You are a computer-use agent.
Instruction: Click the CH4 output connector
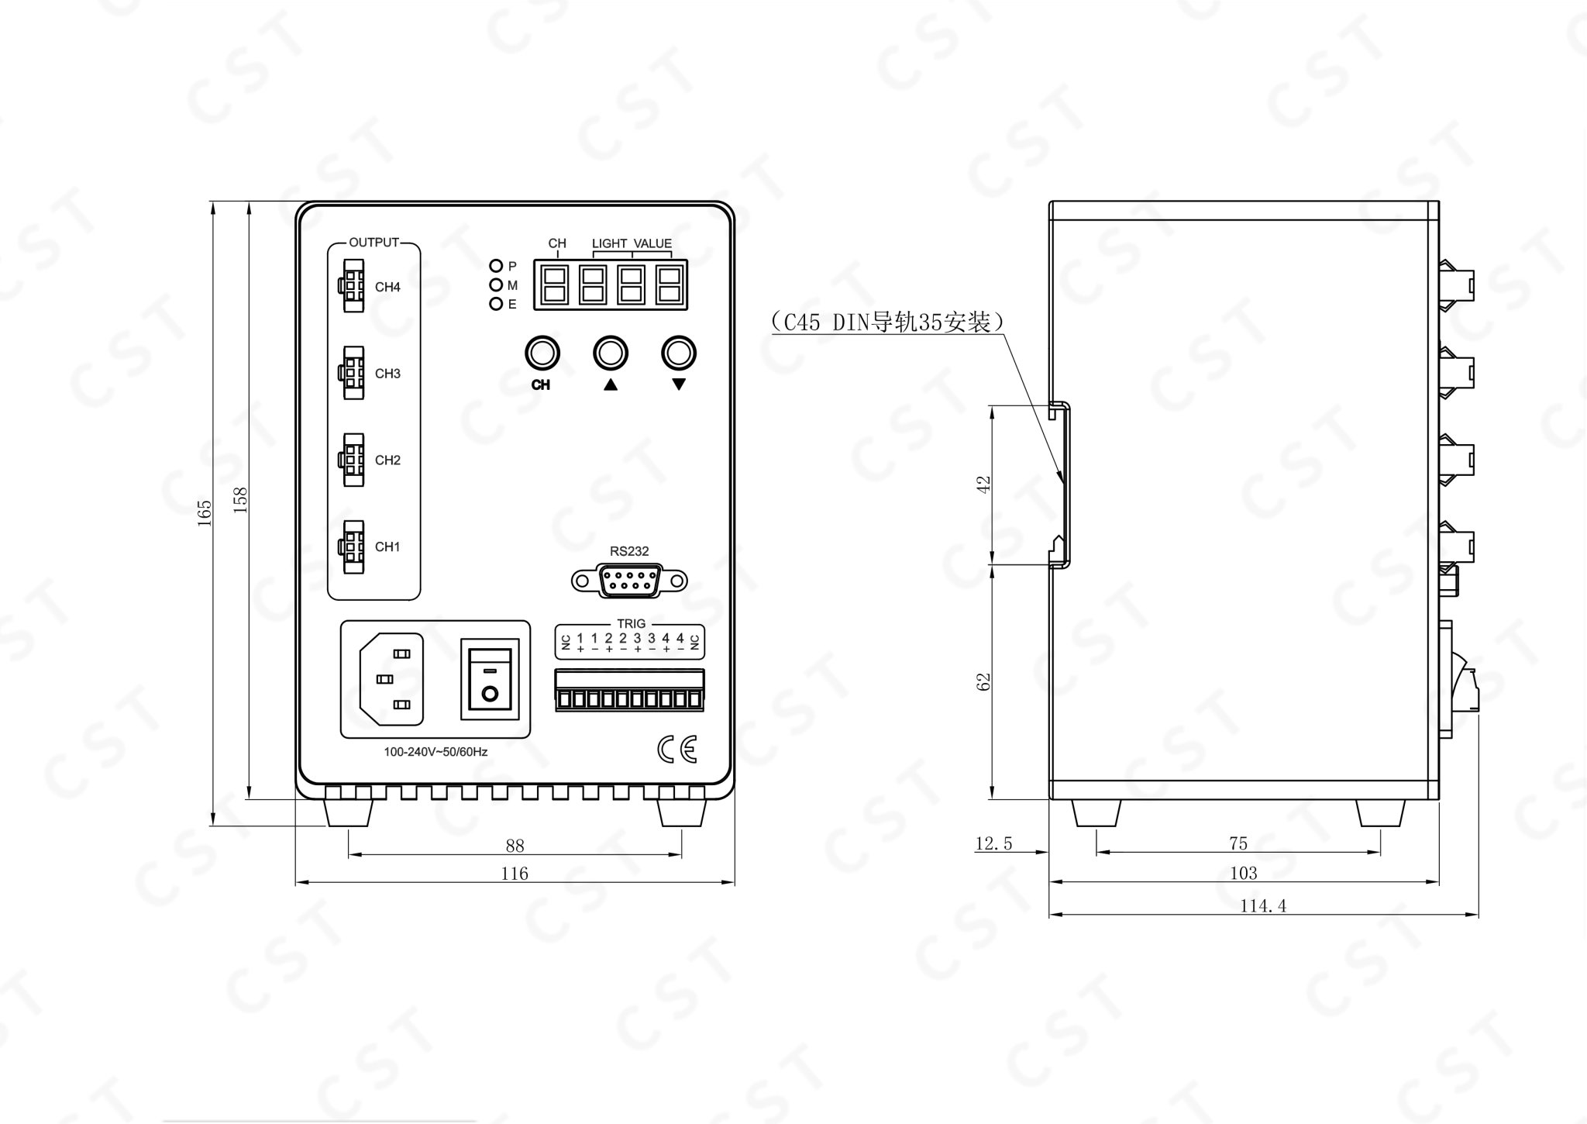pos(351,286)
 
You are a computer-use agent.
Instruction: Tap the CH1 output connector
pos(351,546)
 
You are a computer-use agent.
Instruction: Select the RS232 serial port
pos(629,581)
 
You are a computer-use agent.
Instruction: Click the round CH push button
pos(542,353)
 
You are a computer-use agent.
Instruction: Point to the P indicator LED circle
pos(496,266)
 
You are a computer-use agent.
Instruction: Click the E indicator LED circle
pos(496,304)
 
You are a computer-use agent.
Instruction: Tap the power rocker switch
pos(489,679)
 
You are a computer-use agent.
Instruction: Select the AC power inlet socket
pos(391,679)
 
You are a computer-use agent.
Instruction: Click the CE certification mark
pos(677,749)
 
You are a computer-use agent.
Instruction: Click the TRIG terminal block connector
pos(629,690)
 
